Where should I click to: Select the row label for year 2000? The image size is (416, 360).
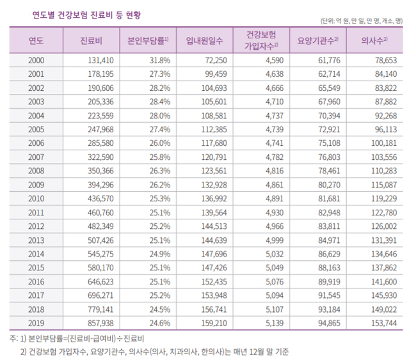point(36,60)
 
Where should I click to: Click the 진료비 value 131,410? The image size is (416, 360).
point(99,60)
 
